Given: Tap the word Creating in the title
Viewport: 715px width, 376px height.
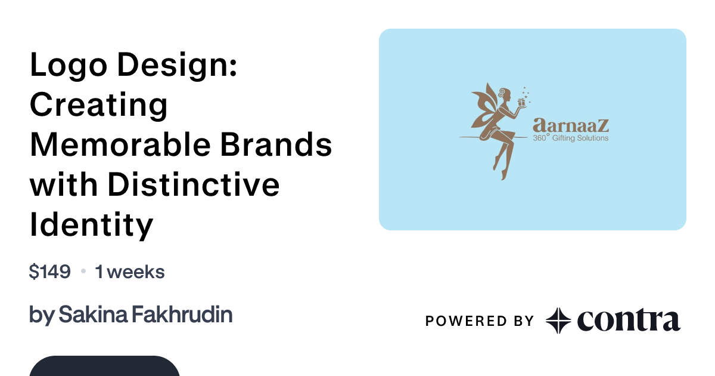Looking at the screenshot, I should [x=99, y=104].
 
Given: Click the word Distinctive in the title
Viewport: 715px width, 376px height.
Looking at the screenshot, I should [x=194, y=184].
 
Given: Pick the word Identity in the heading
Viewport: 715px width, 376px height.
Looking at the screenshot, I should [x=91, y=225].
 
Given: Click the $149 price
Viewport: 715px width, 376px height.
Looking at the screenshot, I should [x=50, y=272].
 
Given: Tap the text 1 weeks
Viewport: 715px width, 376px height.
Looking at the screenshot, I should [x=130, y=272].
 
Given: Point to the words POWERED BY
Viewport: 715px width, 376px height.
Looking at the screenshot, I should [x=480, y=321].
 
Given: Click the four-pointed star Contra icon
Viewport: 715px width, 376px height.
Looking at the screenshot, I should [x=558, y=320].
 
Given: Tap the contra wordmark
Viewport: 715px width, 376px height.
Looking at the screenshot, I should [x=629, y=320].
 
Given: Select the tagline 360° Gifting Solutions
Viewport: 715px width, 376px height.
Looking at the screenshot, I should [x=571, y=138].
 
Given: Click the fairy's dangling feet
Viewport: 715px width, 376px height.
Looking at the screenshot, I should [x=500, y=170].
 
